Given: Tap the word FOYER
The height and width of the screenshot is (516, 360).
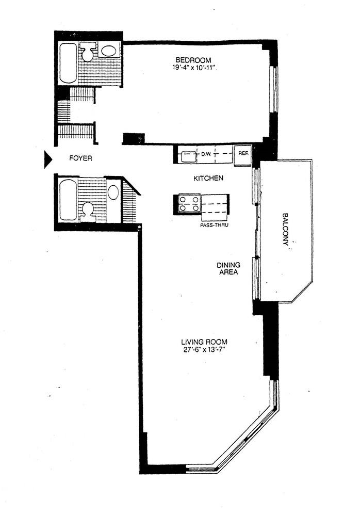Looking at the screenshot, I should (x=81, y=159).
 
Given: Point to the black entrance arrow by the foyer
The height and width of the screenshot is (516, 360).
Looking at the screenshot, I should (x=47, y=159).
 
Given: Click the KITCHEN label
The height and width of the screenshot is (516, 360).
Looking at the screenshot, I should (x=208, y=179).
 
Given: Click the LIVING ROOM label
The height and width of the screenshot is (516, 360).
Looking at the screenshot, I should (x=204, y=342).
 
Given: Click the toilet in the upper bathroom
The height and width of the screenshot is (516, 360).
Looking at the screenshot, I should (x=88, y=52).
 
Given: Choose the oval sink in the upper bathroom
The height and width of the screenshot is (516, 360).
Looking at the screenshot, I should (x=108, y=51).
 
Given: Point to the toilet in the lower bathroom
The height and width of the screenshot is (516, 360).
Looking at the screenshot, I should (x=88, y=211).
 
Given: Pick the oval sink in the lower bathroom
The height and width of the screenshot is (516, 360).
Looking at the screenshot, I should (x=113, y=192).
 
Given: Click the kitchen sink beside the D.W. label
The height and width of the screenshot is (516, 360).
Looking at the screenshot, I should (x=187, y=155).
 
